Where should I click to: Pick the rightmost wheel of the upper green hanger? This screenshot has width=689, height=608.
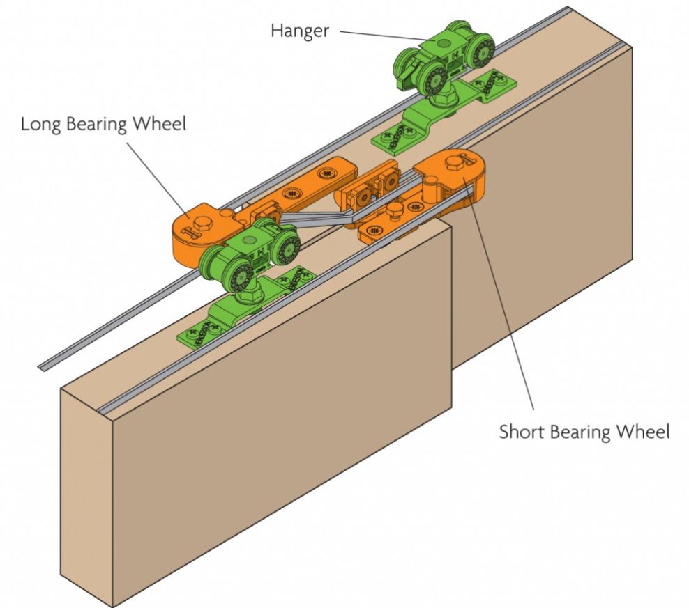[480, 52]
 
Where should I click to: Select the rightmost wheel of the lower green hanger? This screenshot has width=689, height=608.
[286, 247]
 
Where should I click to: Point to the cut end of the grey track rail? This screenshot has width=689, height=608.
[43, 364]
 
